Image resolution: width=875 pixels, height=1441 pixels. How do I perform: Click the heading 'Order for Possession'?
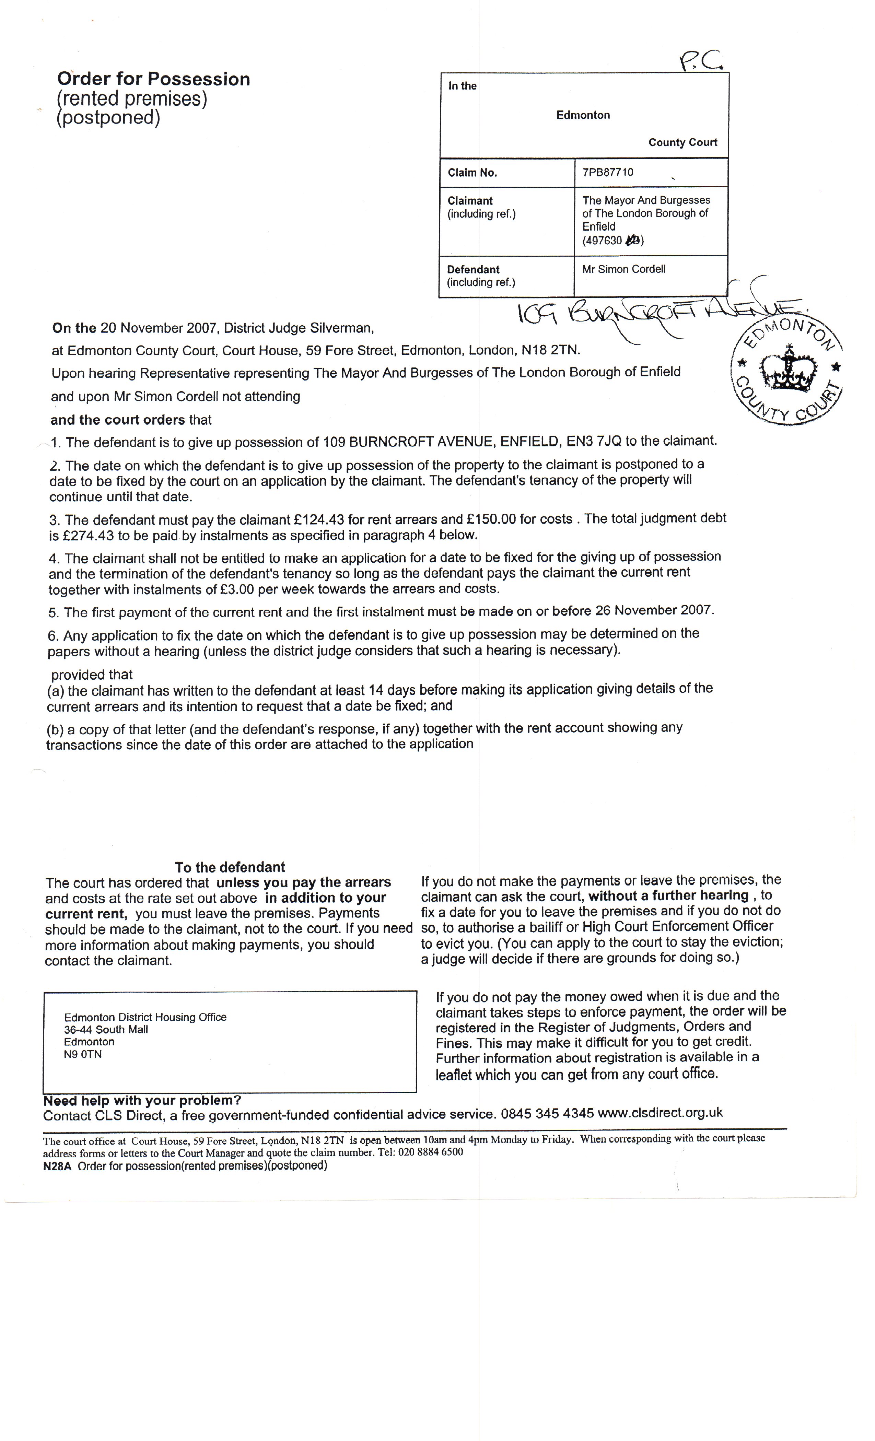pos(153,79)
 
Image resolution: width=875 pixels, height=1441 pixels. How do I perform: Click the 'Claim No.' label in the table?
pos(472,173)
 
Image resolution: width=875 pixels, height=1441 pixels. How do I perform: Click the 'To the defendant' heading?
pos(230,867)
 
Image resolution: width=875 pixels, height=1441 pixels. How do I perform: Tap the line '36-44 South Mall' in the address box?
pos(106,1029)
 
